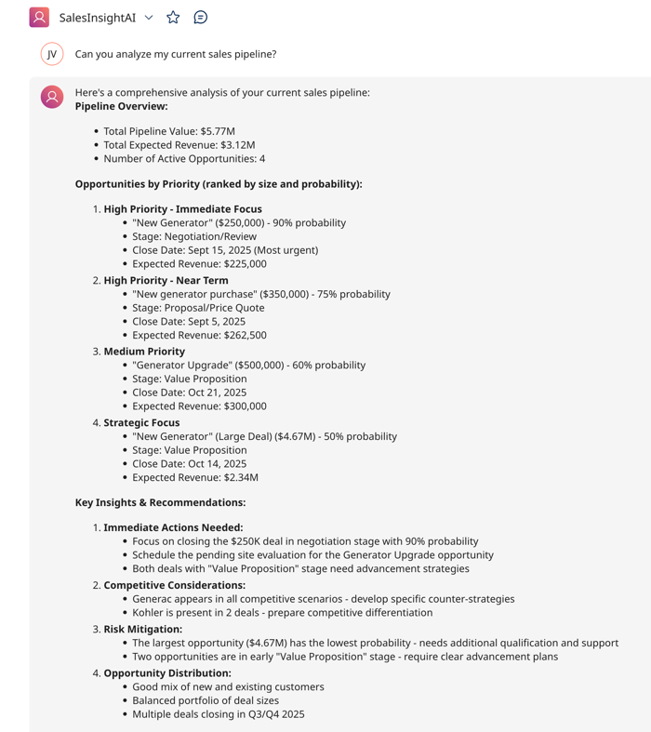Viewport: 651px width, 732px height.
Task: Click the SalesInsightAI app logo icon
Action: (x=39, y=17)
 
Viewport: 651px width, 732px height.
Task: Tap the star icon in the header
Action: (x=173, y=17)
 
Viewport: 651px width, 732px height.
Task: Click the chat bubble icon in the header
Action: (x=200, y=17)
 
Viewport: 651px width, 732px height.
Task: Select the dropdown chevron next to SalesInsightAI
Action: (x=149, y=18)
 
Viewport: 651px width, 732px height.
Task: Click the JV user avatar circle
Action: (x=52, y=54)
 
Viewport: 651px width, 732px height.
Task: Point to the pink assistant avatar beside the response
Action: (x=52, y=96)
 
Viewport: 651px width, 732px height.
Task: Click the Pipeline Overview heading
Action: (x=121, y=106)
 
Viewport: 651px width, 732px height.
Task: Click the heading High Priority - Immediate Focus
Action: (x=182, y=209)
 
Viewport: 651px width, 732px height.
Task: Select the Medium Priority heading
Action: (x=144, y=352)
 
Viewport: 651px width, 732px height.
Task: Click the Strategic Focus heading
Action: (x=141, y=422)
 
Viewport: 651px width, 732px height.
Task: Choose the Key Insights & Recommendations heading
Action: (x=160, y=502)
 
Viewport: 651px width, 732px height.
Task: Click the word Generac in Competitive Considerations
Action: (x=153, y=599)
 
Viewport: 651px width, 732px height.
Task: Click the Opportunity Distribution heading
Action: (x=167, y=672)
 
